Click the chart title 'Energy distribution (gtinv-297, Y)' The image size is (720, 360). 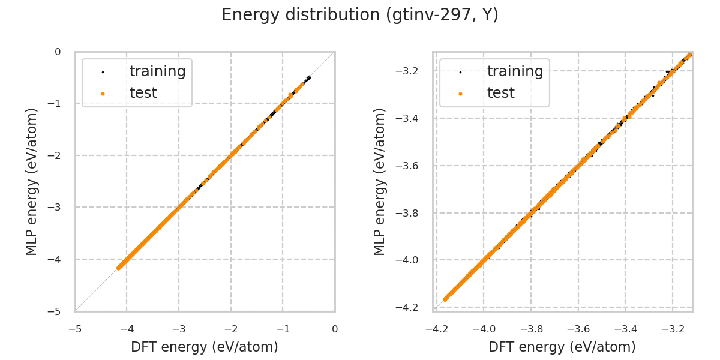pos(360,15)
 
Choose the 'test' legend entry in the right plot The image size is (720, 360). pos(500,93)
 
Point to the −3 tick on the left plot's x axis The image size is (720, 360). pos(179,329)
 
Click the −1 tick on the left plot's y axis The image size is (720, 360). pos(58,104)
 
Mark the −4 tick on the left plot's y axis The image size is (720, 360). pos(58,259)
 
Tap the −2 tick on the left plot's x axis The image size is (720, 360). pos(231,329)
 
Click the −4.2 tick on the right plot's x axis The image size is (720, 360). pos(437,329)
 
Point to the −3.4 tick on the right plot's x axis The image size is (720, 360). pos(625,329)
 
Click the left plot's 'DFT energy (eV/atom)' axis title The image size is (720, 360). pos(205,347)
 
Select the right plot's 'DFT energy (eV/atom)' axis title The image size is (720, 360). pos(562,347)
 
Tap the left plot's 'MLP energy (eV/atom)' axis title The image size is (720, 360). pos(32,181)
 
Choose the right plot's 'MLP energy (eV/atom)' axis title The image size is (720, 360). pos(380,181)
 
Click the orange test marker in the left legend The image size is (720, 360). pos(103,94)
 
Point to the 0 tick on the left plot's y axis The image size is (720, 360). pos(58,52)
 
